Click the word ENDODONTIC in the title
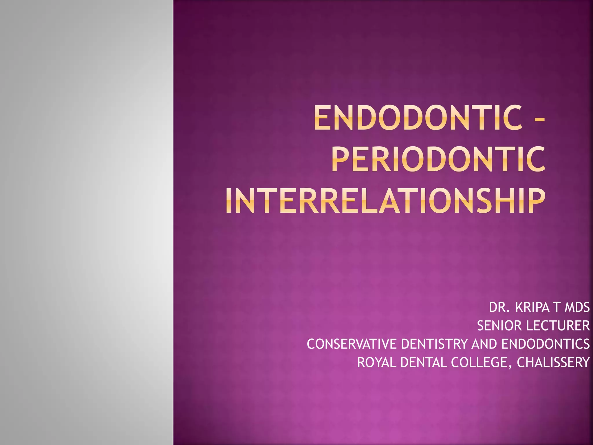418,118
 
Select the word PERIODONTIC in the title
438,159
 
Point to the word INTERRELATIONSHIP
385,200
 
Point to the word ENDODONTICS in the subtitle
546,344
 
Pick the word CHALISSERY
553,362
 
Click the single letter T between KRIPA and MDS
557,307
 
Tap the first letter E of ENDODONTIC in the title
322,118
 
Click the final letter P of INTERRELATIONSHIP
536,200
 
